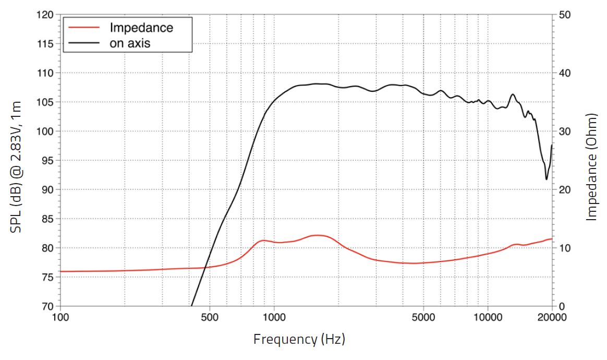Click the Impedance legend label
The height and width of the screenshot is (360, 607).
tap(141, 28)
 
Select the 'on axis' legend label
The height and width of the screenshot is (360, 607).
tap(130, 43)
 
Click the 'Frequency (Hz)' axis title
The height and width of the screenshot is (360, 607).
tap(299, 340)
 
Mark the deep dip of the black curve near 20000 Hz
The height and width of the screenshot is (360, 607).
tap(547, 179)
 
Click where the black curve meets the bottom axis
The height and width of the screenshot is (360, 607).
tap(192, 305)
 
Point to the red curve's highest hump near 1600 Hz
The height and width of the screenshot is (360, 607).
tap(319, 235)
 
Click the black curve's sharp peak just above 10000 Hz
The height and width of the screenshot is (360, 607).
tap(513, 94)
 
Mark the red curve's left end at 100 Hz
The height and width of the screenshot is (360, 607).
tap(61, 271)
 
